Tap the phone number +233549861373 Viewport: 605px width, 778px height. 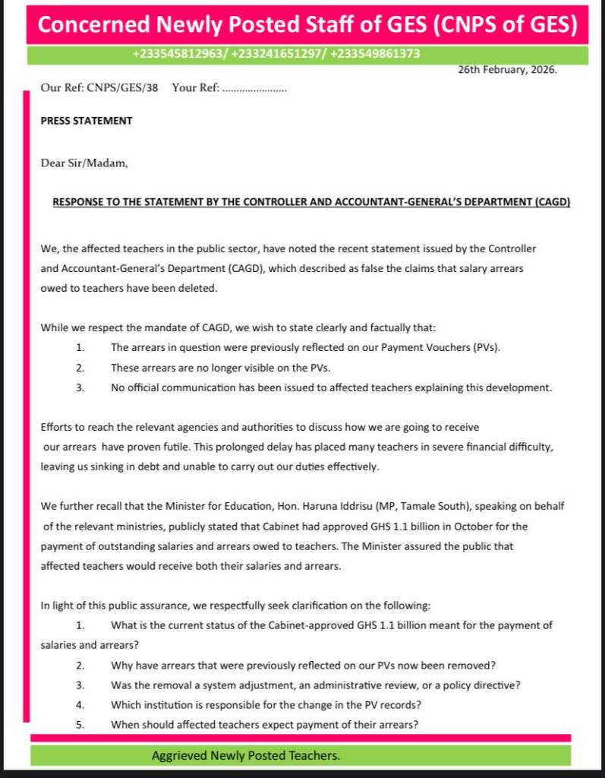(376, 55)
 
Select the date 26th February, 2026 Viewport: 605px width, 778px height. (507, 70)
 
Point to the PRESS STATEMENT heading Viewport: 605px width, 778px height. (87, 121)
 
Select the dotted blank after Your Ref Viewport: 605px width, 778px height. (254, 88)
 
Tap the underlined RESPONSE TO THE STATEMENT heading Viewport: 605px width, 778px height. (311, 203)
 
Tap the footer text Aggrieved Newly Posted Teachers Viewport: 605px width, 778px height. (246, 756)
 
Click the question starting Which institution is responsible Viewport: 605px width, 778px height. (266, 704)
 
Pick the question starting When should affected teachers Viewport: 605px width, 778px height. (264, 724)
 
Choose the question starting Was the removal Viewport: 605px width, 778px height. (315, 685)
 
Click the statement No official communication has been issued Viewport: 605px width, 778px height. (331, 387)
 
